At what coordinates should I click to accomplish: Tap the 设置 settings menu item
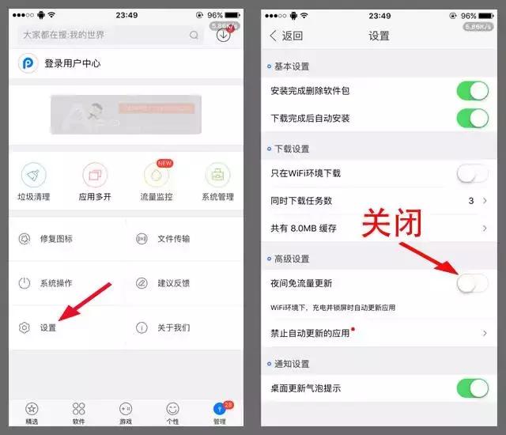click(x=47, y=327)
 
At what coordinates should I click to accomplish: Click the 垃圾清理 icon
click(x=33, y=176)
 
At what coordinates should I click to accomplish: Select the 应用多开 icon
click(x=95, y=176)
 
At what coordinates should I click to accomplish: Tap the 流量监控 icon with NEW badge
click(x=156, y=176)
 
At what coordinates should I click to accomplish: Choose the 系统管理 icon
click(x=217, y=176)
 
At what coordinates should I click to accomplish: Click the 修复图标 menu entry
click(x=56, y=238)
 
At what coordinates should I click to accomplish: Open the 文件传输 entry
click(x=173, y=238)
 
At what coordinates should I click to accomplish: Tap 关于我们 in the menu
click(x=173, y=327)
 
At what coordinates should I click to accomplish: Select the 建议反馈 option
click(x=173, y=283)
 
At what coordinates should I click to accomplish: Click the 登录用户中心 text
click(x=72, y=63)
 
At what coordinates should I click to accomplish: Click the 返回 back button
click(x=286, y=36)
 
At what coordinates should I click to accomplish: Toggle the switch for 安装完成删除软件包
click(x=472, y=91)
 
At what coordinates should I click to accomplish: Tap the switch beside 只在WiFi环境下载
click(x=472, y=173)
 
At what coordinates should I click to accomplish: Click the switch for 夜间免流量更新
click(x=472, y=282)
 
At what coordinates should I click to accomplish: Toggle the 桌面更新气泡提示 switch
click(x=472, y=388)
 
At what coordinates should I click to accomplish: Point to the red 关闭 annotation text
click(x=391, y=225)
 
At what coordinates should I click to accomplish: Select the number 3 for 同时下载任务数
click(x=471, y=201)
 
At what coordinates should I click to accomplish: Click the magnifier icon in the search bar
click(x=194, y=36)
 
